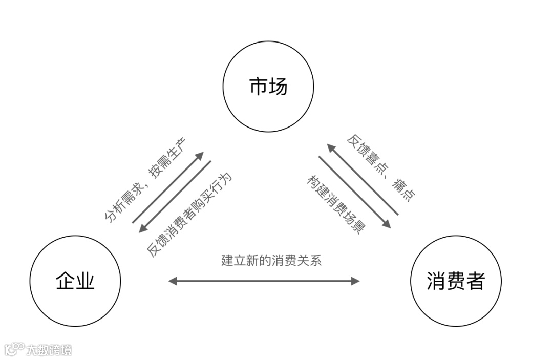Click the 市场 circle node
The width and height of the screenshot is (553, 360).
268,87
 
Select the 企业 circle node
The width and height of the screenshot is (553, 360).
75,281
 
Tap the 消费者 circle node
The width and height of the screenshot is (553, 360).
456,281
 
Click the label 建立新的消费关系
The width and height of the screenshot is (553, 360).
271,260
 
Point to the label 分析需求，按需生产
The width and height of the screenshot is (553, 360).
146,180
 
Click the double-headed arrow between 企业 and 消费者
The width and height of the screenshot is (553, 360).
264,281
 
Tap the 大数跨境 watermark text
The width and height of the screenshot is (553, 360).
49,350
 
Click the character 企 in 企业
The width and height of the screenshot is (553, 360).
65,281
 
